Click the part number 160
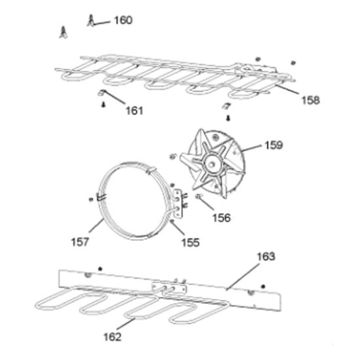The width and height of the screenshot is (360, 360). [x=123, y=20]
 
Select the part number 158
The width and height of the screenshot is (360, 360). [x=310, y=100]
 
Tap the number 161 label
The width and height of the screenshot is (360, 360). [x=134, y=111]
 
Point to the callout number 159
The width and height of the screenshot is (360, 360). [x=274, y=145]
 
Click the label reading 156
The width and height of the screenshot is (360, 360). [x=221, y=218]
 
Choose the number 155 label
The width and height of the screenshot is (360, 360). [x=190, y=242]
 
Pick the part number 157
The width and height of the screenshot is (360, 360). [x=80, y=242]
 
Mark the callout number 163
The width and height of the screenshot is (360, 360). [x=266, y=257]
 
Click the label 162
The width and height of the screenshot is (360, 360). [x=113, y=337]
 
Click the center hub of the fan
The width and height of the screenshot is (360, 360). [x=211, y=164]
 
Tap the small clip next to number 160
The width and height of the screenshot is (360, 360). [x=91, y=21]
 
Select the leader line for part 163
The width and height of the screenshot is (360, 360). [x=243, y=277]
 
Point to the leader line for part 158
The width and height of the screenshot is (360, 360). [x=287, y=89]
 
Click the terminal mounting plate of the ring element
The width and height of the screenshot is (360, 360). [x=179, y=204]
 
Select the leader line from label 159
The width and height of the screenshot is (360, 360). [x=251, y=149]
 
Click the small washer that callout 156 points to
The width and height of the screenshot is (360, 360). [x=198, y=196]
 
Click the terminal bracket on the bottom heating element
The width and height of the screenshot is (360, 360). [x=170, y=289]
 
